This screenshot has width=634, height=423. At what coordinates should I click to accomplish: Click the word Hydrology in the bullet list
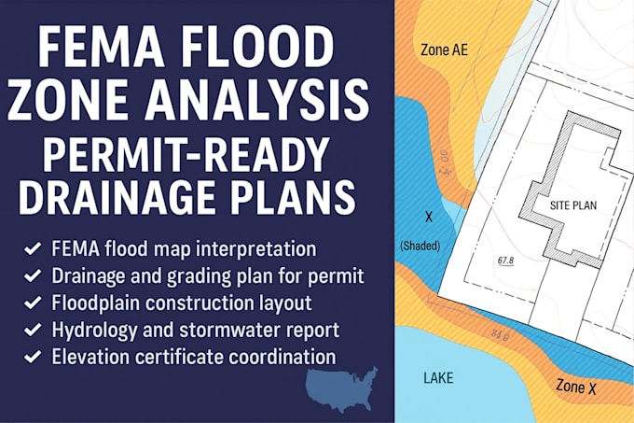coord(91,329)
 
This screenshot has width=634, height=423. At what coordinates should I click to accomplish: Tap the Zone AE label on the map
coord(444,49)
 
